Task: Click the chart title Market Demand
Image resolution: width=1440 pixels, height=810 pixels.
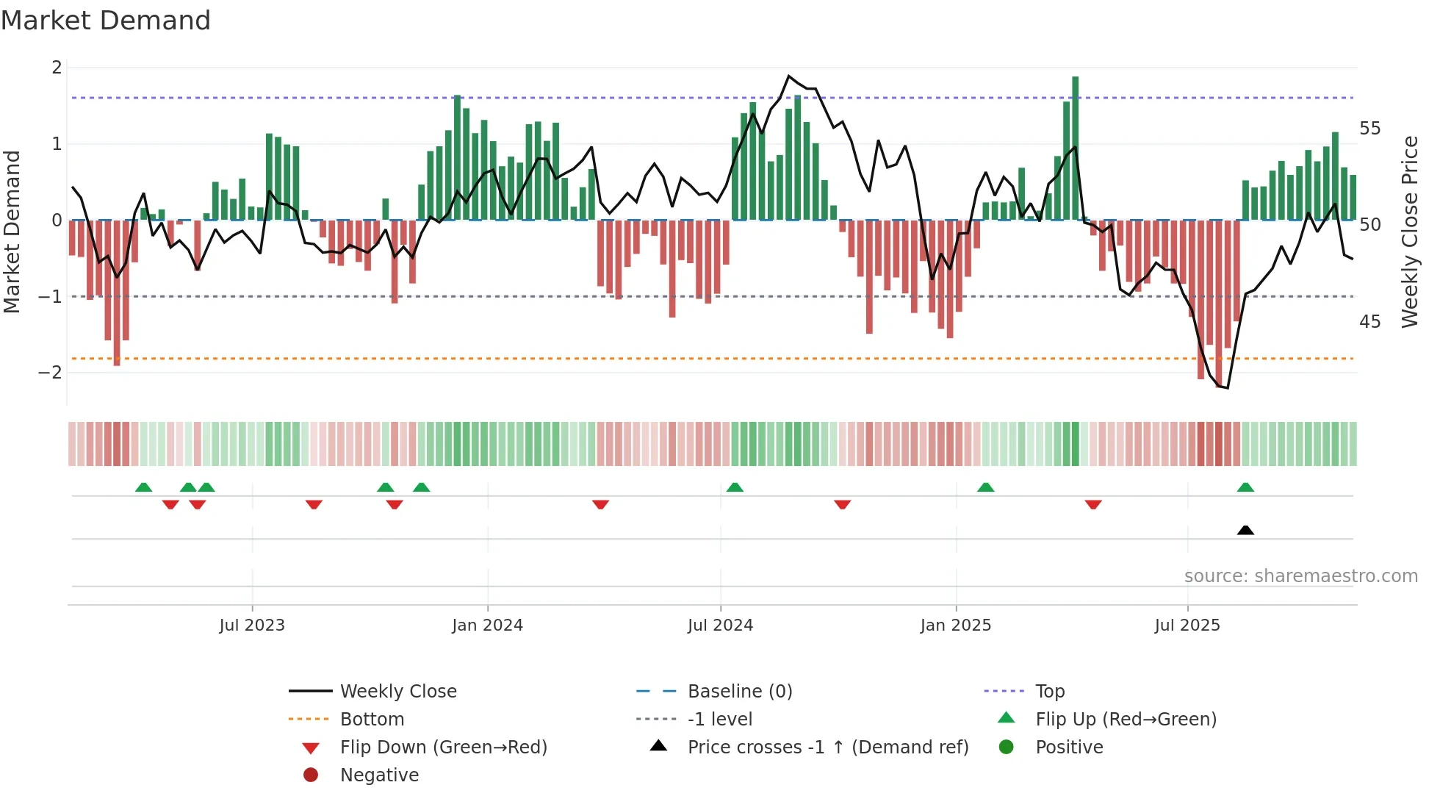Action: (106, 21)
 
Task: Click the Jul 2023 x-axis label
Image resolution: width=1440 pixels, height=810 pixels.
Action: (251, 626)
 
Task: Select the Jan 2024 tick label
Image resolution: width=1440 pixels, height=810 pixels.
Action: (487, 626)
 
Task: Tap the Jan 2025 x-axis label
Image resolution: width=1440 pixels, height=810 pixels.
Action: (955, 626)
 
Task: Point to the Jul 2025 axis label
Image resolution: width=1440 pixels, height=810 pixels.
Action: (1187, 626)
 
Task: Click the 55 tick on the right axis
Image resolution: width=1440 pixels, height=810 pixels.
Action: (1369, 129)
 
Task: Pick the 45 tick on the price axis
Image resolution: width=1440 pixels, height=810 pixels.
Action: (1369, 322)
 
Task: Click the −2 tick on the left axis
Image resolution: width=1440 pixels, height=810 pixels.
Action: (51, 373)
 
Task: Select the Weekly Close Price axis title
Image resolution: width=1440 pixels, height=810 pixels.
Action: (1409, 232)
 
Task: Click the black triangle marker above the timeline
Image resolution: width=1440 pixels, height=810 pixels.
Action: (1245, 530)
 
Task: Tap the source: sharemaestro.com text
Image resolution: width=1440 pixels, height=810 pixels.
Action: (1300, 576)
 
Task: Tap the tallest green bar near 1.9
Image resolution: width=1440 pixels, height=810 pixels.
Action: (1076, 147)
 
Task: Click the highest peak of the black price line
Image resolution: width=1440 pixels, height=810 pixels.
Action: (788, 76)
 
